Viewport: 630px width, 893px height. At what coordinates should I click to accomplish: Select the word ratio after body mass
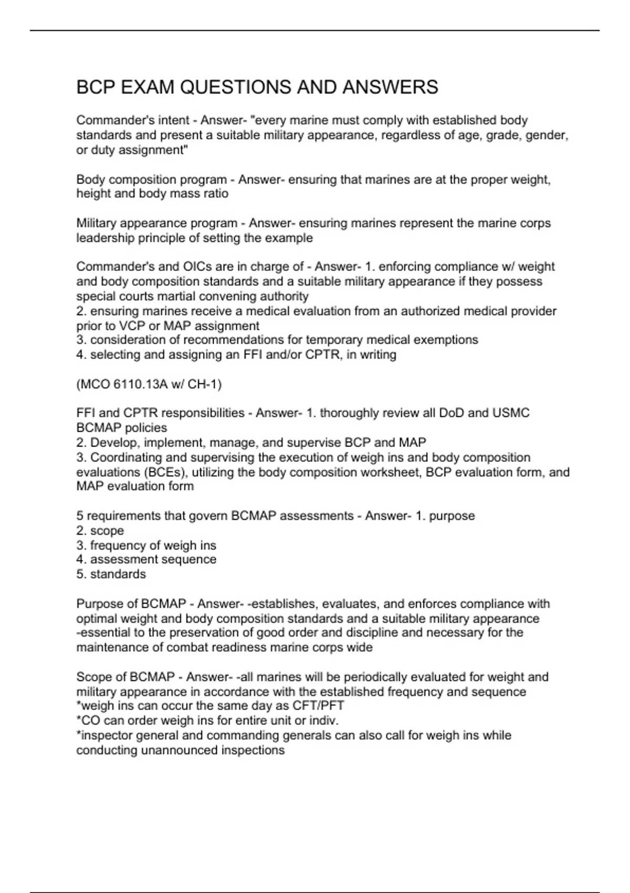(x=217, y=193)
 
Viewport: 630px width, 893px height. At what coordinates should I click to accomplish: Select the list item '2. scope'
(x=100, y=531)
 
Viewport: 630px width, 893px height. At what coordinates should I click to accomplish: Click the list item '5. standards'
(x=111, y=574)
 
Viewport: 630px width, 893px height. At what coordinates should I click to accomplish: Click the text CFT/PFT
(x=319, y=706)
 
